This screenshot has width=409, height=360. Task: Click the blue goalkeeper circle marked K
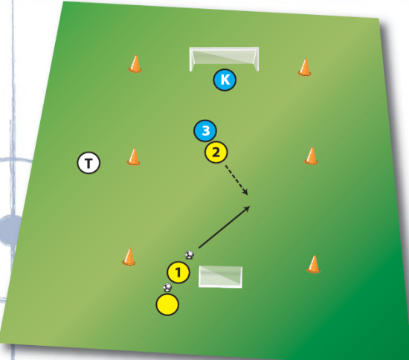[225, 80]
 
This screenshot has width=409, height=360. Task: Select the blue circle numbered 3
[205, 131]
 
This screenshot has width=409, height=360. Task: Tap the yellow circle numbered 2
[216, 152]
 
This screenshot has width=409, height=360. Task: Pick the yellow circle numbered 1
[178, 272]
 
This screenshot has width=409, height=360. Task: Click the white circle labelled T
[88, 163]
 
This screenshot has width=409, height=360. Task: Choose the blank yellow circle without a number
[167, 304]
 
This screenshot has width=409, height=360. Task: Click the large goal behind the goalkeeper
[224, 59]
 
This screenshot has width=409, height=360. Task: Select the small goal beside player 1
[220, 277]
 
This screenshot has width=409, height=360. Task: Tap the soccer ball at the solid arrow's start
[190, 254]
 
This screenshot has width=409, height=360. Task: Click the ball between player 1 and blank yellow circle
[167, 287]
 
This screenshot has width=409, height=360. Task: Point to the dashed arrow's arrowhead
[245, 193]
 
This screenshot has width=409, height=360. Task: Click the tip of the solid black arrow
[250, 206]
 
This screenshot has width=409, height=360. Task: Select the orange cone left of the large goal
[135, 64]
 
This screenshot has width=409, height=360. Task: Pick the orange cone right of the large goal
[304, 67]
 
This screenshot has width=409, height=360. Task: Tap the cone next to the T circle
[133, 156]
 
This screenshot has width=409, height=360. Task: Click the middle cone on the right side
[311, 155]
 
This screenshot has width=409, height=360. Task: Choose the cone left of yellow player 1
[129, 257]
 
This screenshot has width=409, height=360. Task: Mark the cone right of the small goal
[313, 264]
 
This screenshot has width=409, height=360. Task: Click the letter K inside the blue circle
[225, 80]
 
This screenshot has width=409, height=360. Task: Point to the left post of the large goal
[191, 60]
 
